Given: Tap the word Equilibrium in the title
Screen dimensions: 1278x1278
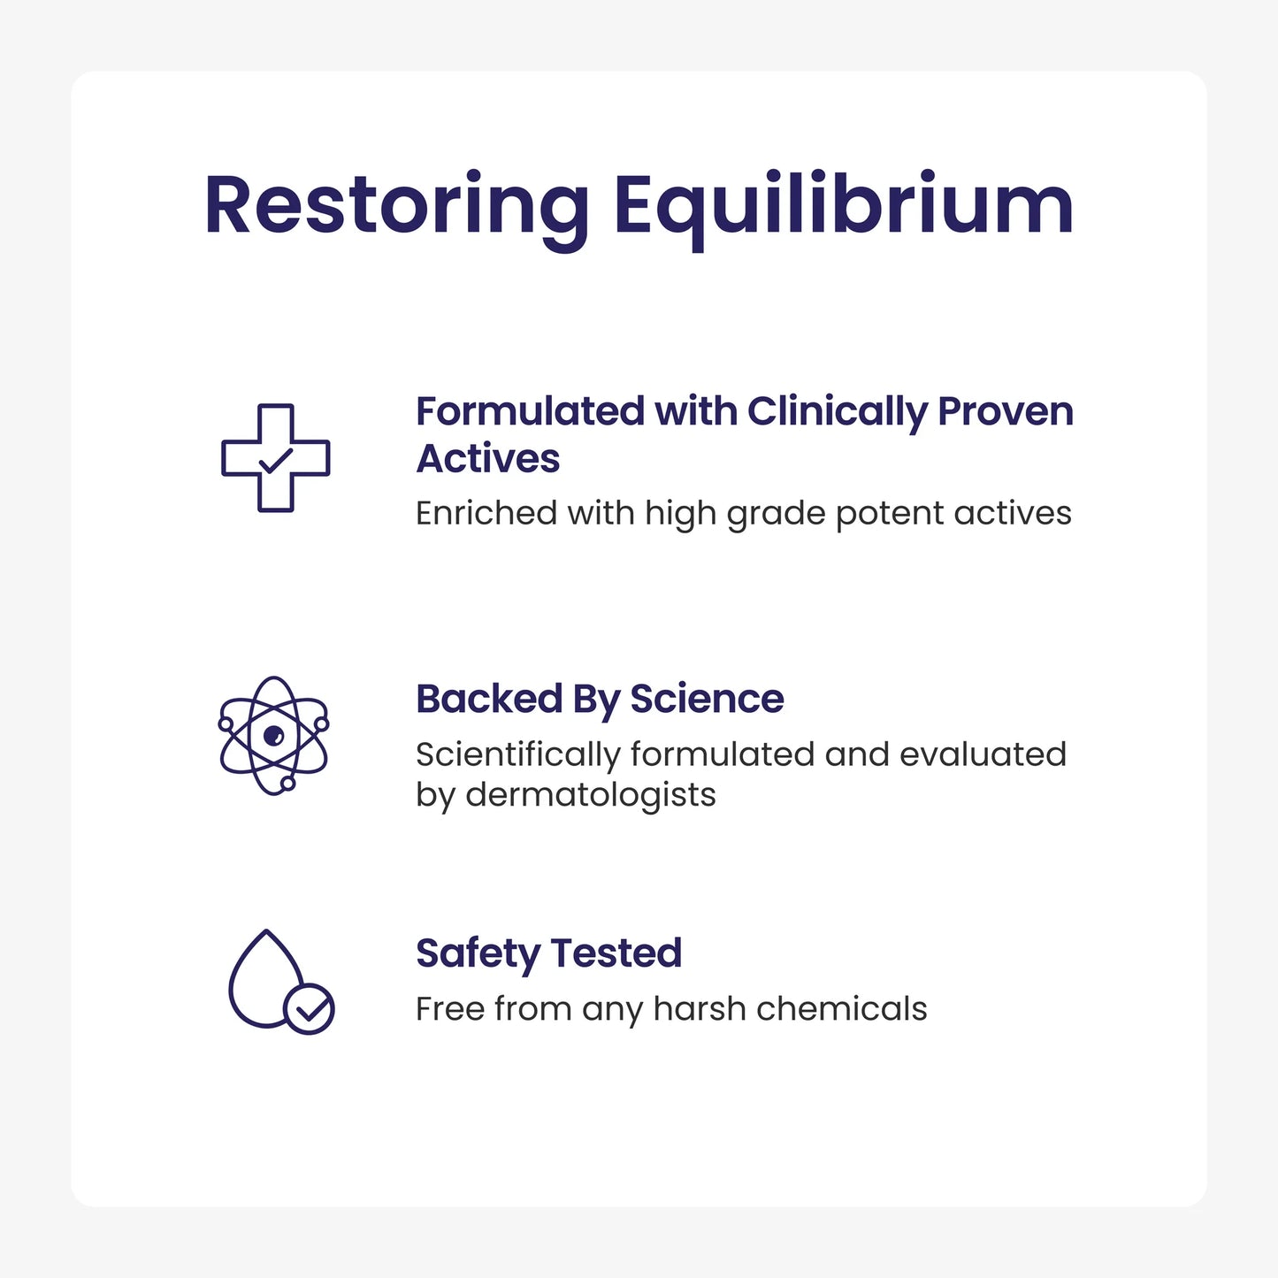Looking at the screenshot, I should click(843, 207).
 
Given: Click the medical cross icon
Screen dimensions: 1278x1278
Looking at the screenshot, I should click(275, 457).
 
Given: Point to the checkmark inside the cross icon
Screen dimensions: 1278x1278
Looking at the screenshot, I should click(275, 460).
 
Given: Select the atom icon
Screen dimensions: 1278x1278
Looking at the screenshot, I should click(273, 735).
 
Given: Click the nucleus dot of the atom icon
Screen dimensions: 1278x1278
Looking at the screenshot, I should click(273, 735).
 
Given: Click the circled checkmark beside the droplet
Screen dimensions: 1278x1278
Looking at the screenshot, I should click(309, 1009).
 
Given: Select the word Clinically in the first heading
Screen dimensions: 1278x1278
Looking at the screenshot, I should click(836, 412).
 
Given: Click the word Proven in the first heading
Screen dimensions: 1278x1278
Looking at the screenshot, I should click(1005, 412).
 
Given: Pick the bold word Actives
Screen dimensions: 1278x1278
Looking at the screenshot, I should click(488, 459).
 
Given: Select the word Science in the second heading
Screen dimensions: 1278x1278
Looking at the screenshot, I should click(707, 700).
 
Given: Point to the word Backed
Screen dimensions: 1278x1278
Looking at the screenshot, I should click(489, 700).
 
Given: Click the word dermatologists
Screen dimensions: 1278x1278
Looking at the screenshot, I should click(590, 795).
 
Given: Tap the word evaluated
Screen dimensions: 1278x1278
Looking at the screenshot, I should click(983, 755).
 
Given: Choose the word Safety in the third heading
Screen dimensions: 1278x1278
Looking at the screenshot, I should click(478, 954).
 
